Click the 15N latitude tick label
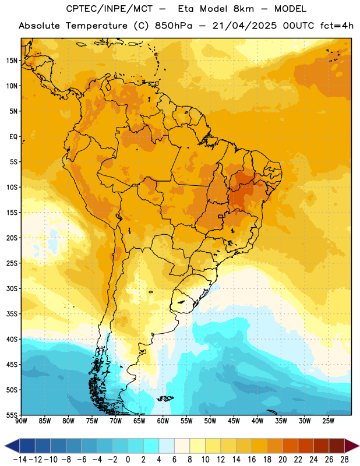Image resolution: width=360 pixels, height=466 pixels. pos(12,61)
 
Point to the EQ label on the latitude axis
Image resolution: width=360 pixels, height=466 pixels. pos(13,137)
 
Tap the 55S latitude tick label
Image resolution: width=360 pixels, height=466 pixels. pos(12,415)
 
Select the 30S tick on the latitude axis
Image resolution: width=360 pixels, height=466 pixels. pos(12,288)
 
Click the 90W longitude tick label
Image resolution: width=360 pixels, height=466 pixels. pos(21,421)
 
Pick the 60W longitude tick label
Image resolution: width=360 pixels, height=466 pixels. pos(163,421)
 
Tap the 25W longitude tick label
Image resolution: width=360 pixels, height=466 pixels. pos(328,421)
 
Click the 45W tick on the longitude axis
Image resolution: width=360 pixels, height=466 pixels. pos(234,421)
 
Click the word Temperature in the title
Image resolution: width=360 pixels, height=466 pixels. pos(97,26)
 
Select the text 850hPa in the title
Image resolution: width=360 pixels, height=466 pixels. pos(174,26)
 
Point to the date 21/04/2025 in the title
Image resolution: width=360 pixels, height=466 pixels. pos(244,26)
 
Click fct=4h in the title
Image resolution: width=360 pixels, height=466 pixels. pos(337,26)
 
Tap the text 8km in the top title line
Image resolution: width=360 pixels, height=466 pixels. pos(243,9)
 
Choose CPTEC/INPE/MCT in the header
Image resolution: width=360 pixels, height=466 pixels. pos(110,9)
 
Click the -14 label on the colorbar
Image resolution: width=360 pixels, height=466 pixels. pos(20,460)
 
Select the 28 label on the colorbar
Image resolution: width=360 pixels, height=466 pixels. pos(344,460)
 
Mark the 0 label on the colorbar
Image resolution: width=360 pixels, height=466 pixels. pos(128,460)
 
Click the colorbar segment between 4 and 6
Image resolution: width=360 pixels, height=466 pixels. pos(167,446)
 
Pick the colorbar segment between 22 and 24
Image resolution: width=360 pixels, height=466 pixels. pos(306,446)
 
